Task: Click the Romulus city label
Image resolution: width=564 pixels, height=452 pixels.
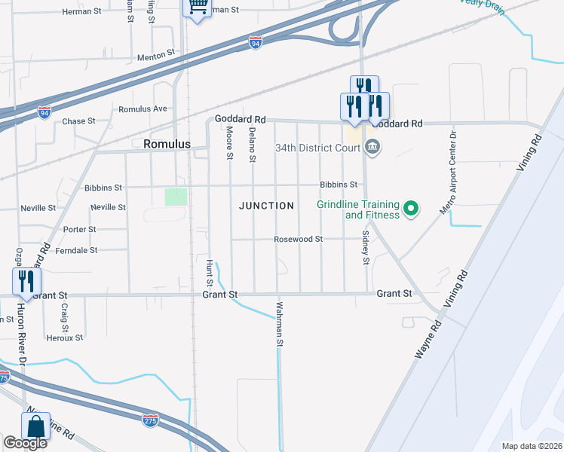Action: click(x=165, y=143)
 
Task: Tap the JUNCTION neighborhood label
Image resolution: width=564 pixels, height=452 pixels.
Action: click(x=266, y=206)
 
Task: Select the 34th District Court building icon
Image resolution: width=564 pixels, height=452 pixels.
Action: click(x=372, y=146)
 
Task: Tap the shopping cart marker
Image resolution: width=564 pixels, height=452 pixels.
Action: click(x=197, y=8)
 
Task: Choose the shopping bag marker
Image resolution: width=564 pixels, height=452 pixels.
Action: click(x=35, y=427)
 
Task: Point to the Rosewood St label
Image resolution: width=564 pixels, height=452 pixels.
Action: click(x=298, y=240)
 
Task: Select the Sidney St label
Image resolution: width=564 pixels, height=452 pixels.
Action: click(x=365, y=247)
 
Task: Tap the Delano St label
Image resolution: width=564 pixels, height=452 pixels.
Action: click(x=253, y=144)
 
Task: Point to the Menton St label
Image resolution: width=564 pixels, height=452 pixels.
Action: click(x=156, y=55)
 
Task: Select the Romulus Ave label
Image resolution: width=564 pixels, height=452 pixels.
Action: click(x=143, y=109)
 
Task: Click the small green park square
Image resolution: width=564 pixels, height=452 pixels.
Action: click(x=176, y=197)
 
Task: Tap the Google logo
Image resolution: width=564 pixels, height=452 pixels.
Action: click(x=25, y=443)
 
